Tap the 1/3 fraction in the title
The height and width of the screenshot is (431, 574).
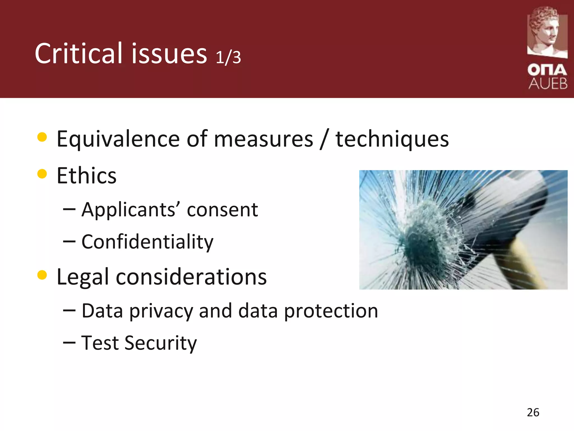point(228,57)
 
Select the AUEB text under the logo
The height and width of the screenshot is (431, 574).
point(548,83)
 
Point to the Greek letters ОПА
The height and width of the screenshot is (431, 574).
point(547,70)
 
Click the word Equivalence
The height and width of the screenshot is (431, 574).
point(118,139)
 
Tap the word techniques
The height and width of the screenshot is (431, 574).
point(392,139)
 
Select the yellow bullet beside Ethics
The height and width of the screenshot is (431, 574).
point(42,174)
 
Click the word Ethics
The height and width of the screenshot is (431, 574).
point(86,176)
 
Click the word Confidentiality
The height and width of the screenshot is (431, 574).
point(147,242)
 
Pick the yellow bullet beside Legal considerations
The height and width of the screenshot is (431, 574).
point(42,275)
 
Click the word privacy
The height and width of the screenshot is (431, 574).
point(161,311)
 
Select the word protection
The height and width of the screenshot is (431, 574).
point(331,311)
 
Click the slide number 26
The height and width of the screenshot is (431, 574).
point(533,412)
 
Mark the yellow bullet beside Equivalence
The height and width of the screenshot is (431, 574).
point(42,137)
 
